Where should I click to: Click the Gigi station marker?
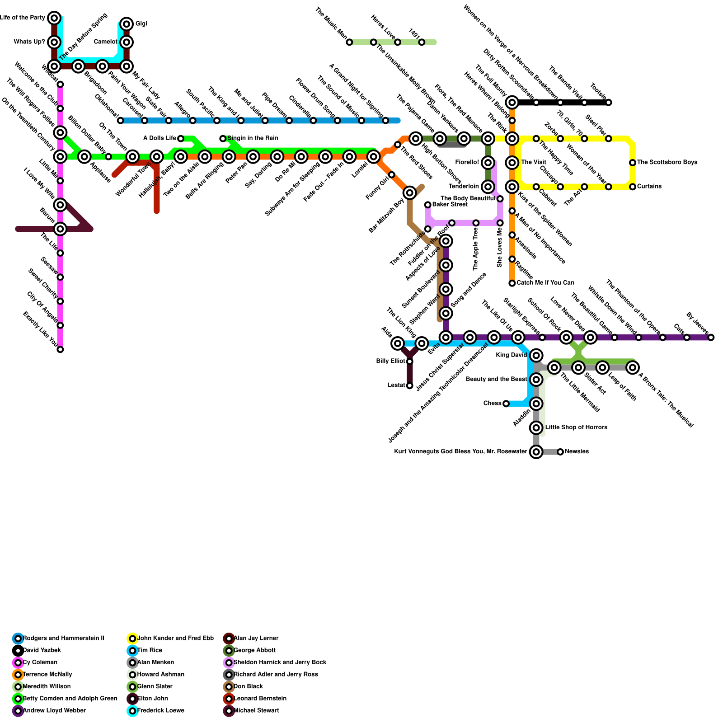(x=127, y=24)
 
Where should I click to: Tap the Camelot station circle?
(x=127, y=42)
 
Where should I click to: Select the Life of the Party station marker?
(x=54, y=18)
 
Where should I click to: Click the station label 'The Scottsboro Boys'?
(x=667, y=162)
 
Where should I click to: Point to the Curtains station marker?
(x=633, y=187)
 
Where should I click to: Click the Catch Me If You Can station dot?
(x=512, y=283)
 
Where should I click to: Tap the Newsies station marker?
(x=560, y=452)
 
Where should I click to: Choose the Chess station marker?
(x=506, y=404)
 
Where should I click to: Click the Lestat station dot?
(x=409, y=385)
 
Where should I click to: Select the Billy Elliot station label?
(x=390, y=361)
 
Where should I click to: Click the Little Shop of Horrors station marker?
(x=536, y=427)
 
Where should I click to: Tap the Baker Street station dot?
(x=427, y=205)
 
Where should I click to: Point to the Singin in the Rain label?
(x=253, y=138)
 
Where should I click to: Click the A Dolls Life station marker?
(x=181, y=138)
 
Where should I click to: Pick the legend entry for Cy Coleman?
(x=40, y=662)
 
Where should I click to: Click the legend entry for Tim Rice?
(x=149, y=650)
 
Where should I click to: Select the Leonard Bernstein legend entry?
(x=260, y=699)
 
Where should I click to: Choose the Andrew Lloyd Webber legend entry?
(x=54, y=711)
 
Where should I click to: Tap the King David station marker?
(x=536, y=355)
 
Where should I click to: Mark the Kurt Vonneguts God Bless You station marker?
(x=536, y=452)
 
